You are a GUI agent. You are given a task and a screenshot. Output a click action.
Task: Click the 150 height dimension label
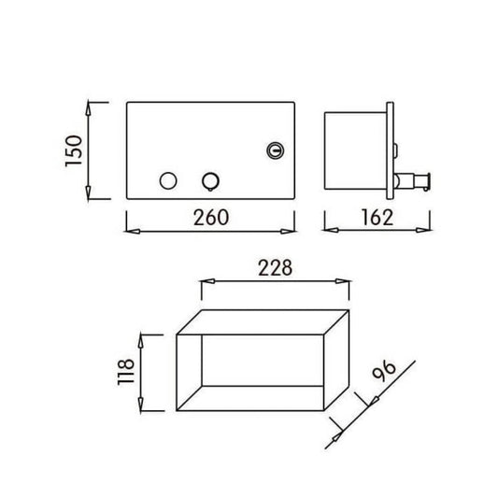click(74, 150)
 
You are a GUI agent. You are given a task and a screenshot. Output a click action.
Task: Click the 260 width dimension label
click(211, 218)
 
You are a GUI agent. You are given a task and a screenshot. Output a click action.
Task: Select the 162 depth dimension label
click(377, 218)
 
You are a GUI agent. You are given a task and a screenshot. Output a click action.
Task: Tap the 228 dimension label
click(275, 268)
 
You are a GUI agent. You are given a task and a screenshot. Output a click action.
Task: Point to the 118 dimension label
click(126, 372)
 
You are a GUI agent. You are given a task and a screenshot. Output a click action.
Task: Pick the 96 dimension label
click(385, 370)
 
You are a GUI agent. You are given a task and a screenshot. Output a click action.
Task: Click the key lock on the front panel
click(275, 150)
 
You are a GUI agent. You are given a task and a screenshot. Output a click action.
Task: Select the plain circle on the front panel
click(168, 180)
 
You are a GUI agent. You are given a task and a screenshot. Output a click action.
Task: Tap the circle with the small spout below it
click(210, 181)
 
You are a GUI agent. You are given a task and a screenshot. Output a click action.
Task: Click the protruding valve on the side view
click(412, 181)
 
